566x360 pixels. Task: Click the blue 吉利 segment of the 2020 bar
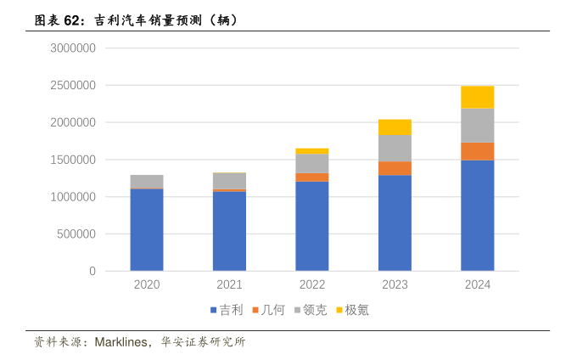click(x=146, y=229)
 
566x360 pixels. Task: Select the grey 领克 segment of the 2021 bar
click(x=229, y=180)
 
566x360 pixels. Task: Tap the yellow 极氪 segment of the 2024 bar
click(x=477, y=97)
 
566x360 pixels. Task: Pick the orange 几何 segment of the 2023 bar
click(x=395, y=168)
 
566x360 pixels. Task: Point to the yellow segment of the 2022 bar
click(x=311, y=151)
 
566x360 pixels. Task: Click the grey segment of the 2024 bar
click(x=477, y=125)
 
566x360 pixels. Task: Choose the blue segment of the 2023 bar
click(x=395, y=222)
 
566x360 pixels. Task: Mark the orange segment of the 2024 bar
click(x=477, y=151)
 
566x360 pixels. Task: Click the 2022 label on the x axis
click(x=311, y=285)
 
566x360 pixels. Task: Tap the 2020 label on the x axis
click(x=146, y=285)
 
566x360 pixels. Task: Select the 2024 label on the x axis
click(x=477, y=285)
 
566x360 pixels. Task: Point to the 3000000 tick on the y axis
click(x=72, y=48)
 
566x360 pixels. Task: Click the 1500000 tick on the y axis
click(x=72, y=160)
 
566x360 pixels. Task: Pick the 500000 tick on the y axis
click(x=76, y=234)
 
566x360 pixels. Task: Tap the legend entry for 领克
click(x=315, y=310)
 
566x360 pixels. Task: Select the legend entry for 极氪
click(x=356, y=310)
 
